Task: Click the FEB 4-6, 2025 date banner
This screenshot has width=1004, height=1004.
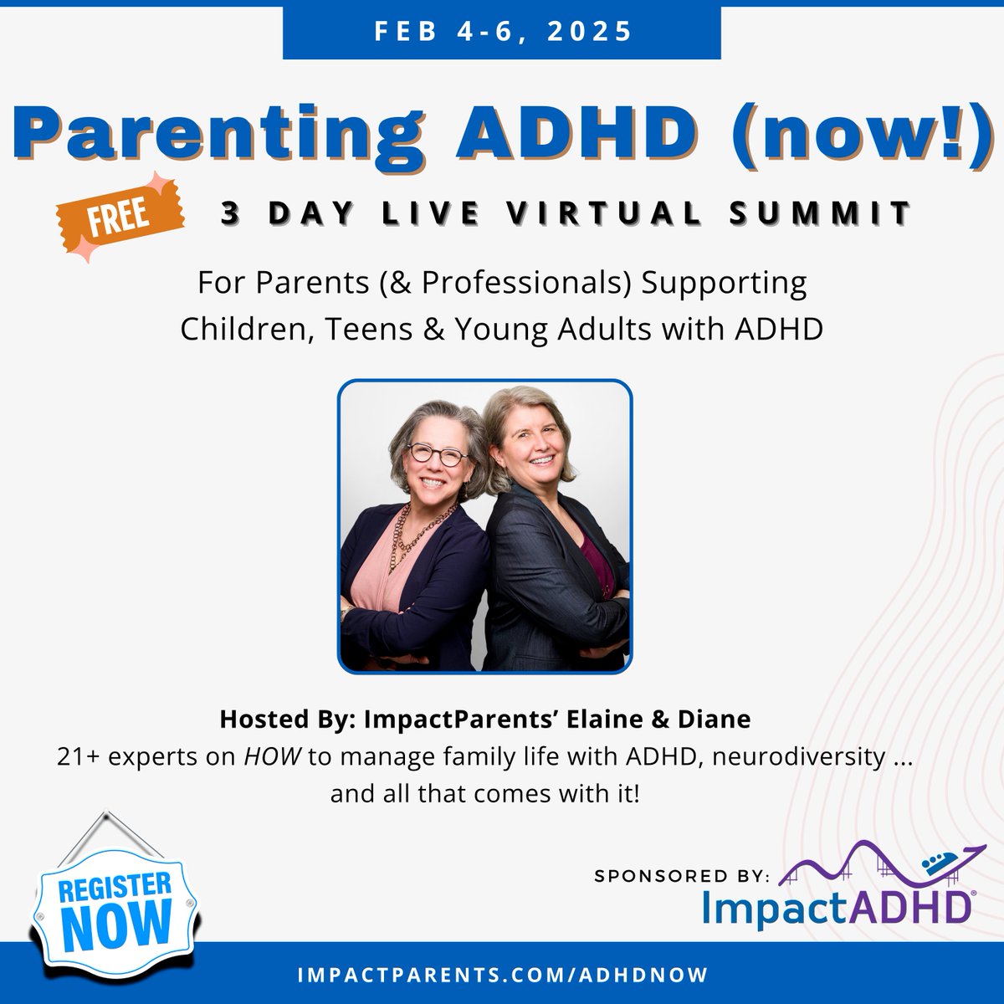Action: pyautogui.click(x=502, y=31)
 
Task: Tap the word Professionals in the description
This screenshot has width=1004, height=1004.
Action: pyautogui.click(x=525, y=284)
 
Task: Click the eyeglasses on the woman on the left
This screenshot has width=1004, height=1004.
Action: pyautogui.click(x=437, y=455)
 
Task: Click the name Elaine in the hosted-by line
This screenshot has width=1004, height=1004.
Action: pyautogui.click(x=615, y=719)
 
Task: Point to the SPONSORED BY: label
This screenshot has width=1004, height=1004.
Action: pyautogui.click(x=681, y=876)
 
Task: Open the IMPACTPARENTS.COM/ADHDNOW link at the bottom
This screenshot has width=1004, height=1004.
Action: pyautogui.click(x=502, y=976)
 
